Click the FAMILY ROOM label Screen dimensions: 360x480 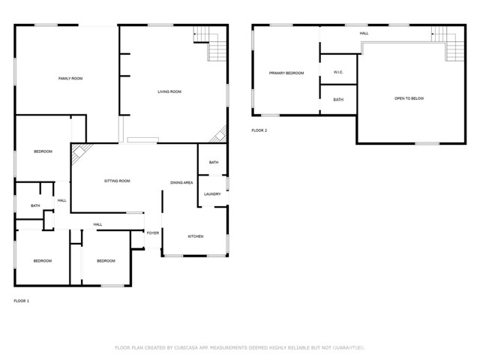point(70,78)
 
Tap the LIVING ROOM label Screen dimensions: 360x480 point(169,91)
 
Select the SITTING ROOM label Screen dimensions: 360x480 point(117,181)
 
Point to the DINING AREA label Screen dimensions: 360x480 point(181,183)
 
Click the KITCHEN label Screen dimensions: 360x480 point(195,236)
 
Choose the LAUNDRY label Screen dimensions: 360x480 point(211,194)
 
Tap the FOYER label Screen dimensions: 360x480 point(152,233)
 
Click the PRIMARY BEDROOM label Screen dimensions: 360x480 point(287,73)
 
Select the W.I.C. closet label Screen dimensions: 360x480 point(338,72)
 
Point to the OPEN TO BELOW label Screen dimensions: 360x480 point(409,98)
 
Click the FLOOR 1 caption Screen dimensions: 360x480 point(21,301)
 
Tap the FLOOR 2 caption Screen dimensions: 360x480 point(259,130)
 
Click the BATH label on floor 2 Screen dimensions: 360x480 point(338,100)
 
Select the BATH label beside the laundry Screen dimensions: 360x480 point(214,163)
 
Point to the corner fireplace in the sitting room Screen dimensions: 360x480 point(78,154)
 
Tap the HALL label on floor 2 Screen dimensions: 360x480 point(364,33)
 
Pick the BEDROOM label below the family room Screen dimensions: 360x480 point(43,151)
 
